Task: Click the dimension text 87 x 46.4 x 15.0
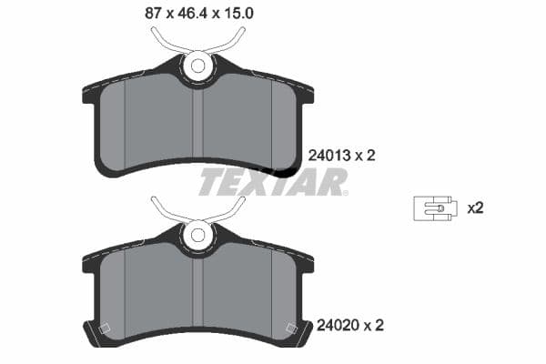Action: point(187,14)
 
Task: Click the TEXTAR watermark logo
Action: point(273,182)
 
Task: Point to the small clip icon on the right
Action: point(434,207)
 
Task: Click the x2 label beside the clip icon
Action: point(474,207)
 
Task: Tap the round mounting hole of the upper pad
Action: point(197,66)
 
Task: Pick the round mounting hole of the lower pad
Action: point(197,234)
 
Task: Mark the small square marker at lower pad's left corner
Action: point(104,329)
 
